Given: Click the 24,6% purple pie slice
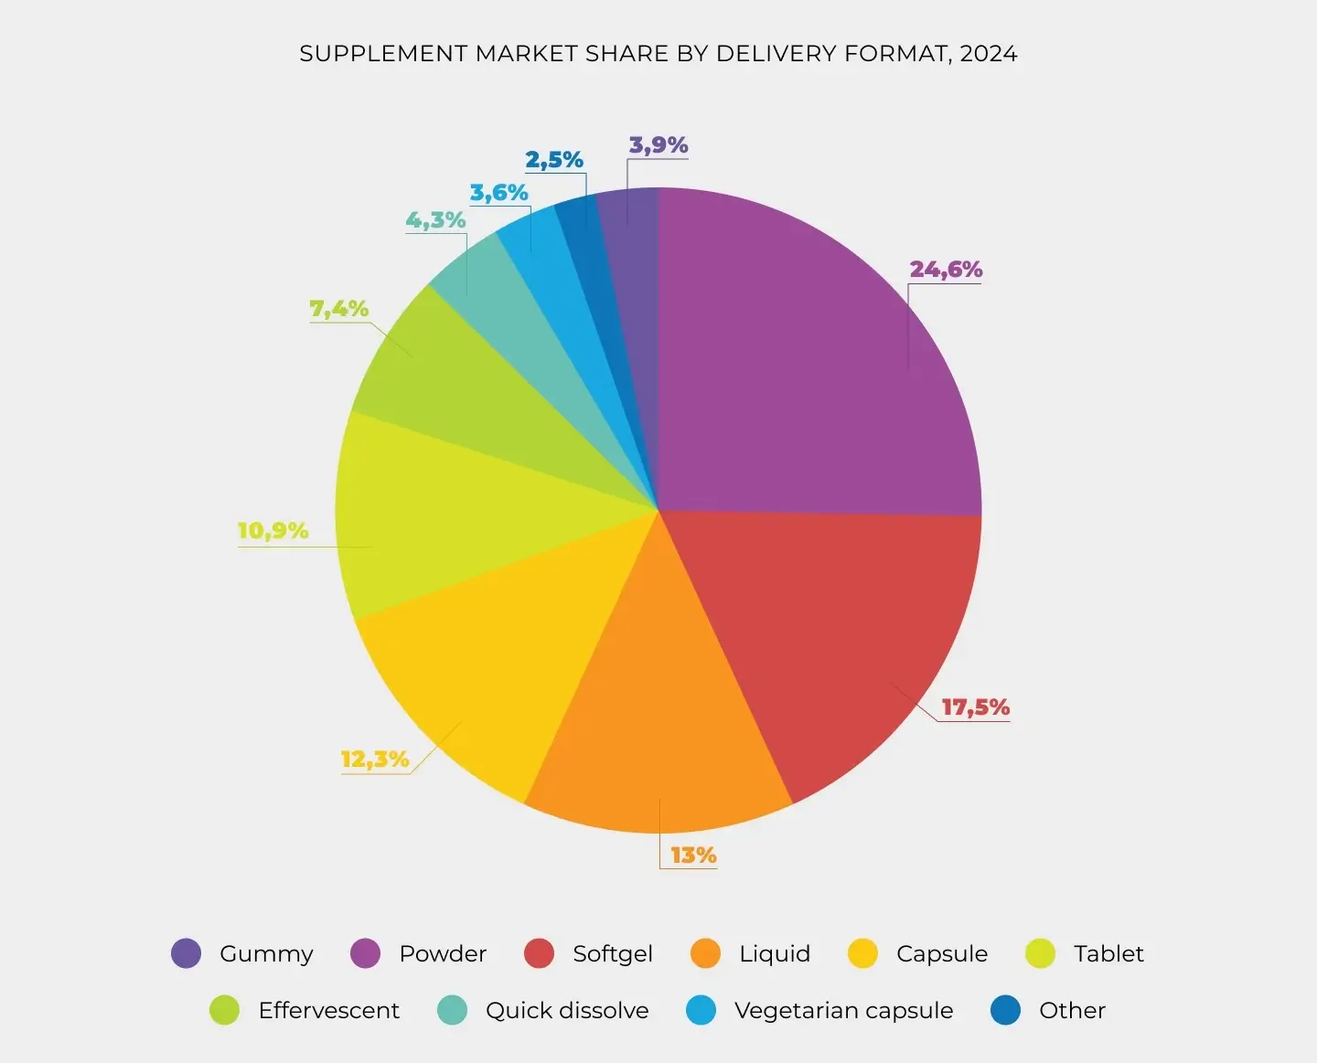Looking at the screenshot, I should coord(805,366).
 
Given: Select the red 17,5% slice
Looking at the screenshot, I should coord(823,631).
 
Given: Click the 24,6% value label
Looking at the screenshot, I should coord(946,270).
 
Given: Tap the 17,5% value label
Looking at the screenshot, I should coord(975,707).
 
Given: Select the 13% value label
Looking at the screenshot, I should coord(693,856).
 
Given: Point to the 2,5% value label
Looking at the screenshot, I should coord(554,160).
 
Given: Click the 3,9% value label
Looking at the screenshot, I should coord(658,145).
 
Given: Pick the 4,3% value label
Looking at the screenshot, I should coord(436,220).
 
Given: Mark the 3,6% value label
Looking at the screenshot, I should coord(499,193).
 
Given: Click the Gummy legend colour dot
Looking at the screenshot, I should coord(187,953).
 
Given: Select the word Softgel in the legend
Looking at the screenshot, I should coord(613,954).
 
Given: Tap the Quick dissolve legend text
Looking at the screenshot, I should coord(567,1011).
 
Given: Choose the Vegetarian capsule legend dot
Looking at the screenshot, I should coord(701,1010).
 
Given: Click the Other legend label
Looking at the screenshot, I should coord(1072,1011).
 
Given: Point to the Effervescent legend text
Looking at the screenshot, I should coord(329,1011).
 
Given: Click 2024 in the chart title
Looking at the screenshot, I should coord(989,54).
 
